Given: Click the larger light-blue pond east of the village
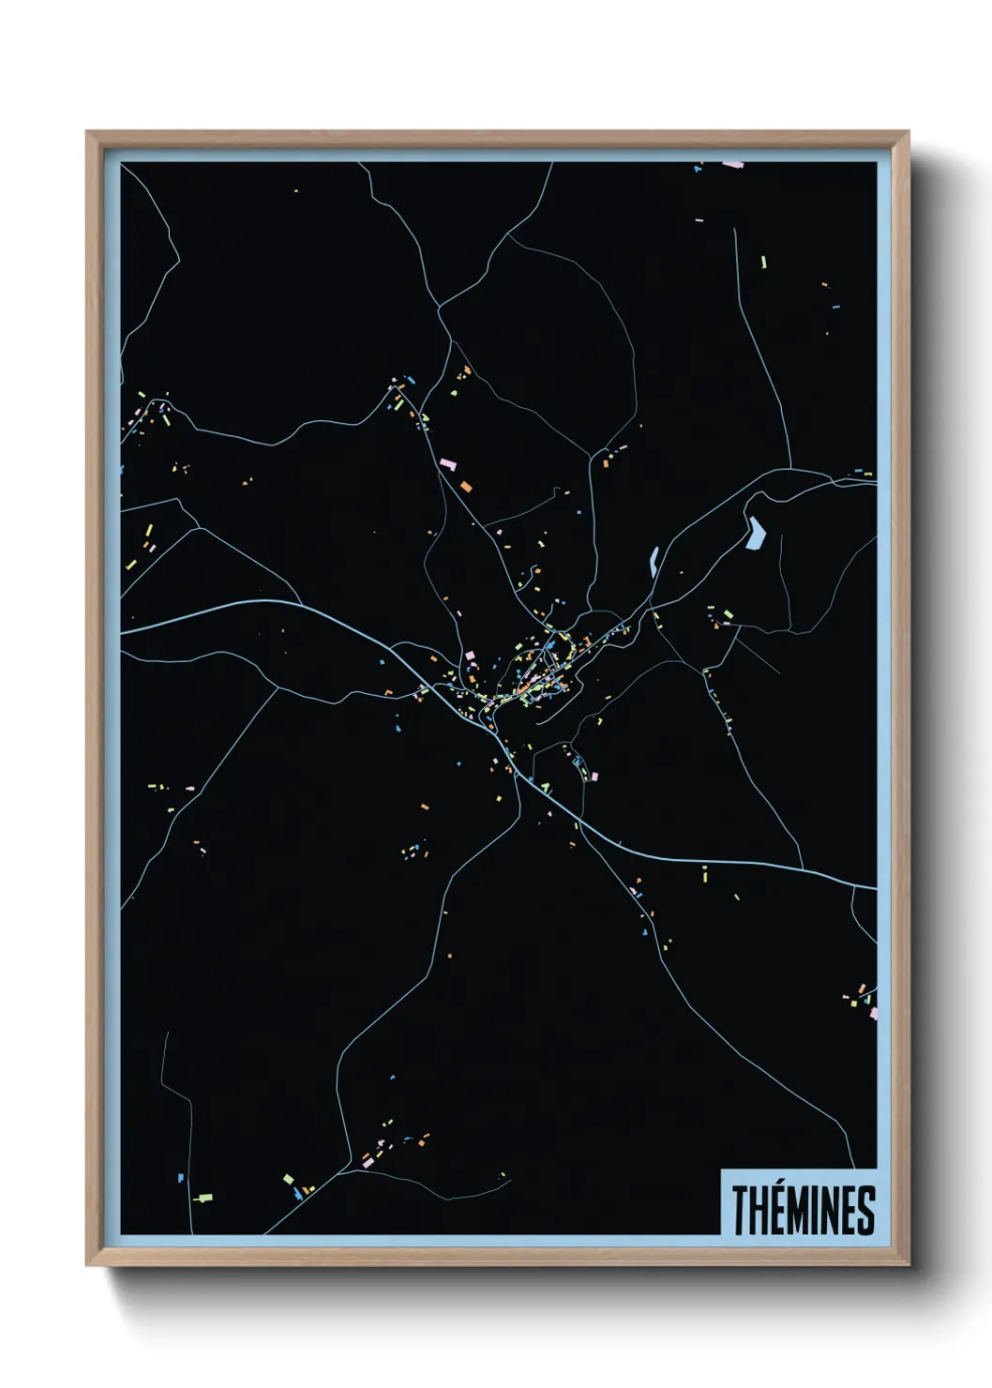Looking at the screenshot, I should pos(755,534).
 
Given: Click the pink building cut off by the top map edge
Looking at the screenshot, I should pos(733,164).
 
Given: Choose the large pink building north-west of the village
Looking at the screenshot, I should pos(447,463).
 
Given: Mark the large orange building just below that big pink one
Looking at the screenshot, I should pos(465,486).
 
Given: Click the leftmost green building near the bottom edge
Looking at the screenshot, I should pos(203,1198).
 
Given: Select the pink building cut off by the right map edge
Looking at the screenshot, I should pos(873,1013).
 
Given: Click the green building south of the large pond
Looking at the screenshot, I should pos(728,614).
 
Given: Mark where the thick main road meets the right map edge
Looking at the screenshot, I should pos(875,887).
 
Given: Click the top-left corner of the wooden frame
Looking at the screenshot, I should pos(87,132).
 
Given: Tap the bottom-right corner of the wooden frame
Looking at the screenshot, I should pos(908,1265).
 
